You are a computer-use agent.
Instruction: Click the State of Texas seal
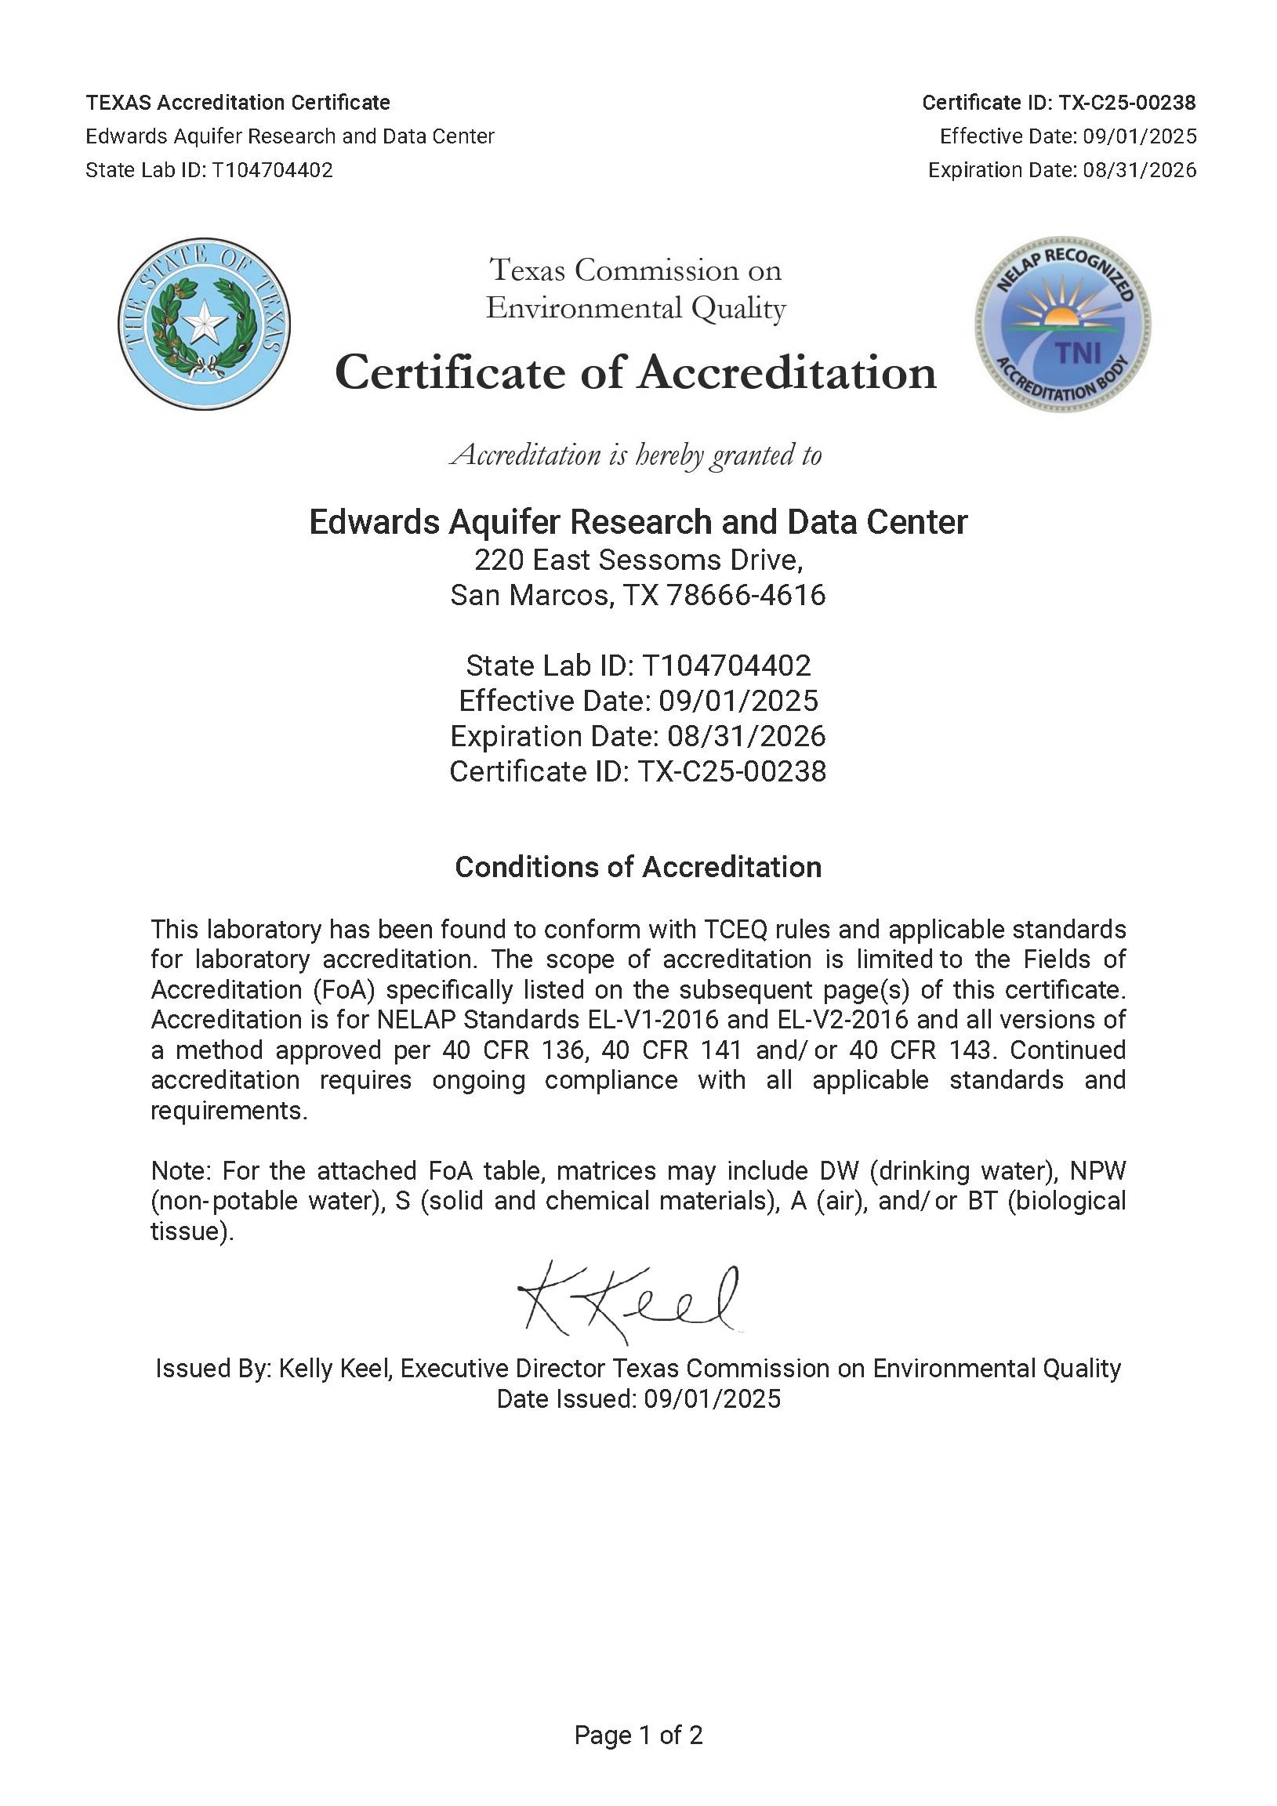click(205, 323)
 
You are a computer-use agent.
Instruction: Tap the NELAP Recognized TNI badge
click(1063, 323)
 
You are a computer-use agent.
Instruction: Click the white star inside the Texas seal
click(205, 321)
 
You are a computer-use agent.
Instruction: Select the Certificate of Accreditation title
click(636, 372)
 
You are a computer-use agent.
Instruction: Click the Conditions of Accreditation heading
click(638, 867)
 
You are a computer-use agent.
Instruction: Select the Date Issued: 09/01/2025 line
click(638, 1398)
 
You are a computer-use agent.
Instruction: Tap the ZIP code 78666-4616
click(746, 596)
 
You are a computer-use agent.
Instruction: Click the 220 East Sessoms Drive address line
click(638, 560)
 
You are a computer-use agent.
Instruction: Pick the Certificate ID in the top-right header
click(1058, 103)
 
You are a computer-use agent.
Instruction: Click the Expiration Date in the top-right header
click(1061, 170)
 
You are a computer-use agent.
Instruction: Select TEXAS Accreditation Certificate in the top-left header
click(238, 103)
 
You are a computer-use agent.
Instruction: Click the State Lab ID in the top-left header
click(209, 170)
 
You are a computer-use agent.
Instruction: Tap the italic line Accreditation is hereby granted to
click(636, 455)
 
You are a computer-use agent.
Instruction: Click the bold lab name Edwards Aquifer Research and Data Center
click(638, 522)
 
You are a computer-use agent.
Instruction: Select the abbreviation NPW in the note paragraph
click(1097, 1170)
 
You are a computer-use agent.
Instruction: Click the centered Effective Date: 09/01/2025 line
click(638, 701)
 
